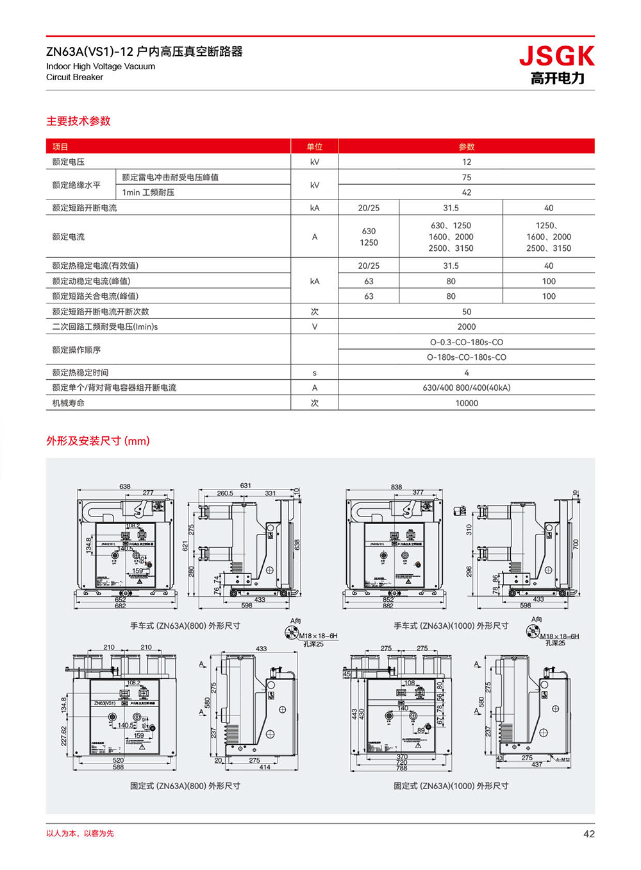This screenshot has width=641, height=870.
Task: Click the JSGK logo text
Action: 556,56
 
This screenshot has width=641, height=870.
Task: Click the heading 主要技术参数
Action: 78,121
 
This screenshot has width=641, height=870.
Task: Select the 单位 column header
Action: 314,147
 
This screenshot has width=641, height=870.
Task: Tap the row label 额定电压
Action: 69,162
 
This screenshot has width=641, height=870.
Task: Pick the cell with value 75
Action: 466,177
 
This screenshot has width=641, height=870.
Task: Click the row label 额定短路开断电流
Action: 85,208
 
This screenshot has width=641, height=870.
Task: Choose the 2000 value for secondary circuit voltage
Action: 466,327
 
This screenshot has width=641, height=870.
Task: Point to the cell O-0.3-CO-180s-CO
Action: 466,342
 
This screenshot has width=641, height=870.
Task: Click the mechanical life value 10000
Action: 466,403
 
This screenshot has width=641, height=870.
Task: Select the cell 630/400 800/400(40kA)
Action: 466,388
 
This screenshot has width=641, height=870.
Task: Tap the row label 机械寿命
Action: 69,403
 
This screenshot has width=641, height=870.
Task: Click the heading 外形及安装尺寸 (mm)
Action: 98,441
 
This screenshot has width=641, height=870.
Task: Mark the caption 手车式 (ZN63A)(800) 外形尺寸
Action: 185,626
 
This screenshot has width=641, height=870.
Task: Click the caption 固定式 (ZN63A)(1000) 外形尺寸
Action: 451,786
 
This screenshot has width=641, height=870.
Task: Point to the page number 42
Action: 588,833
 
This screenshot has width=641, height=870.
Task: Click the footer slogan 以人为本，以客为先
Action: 80,833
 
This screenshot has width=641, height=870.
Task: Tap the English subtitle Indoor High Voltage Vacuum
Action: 101,66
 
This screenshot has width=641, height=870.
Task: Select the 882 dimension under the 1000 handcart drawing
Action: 388,606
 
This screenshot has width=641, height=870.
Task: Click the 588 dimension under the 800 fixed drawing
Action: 119,767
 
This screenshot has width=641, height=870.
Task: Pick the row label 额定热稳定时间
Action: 81,373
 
